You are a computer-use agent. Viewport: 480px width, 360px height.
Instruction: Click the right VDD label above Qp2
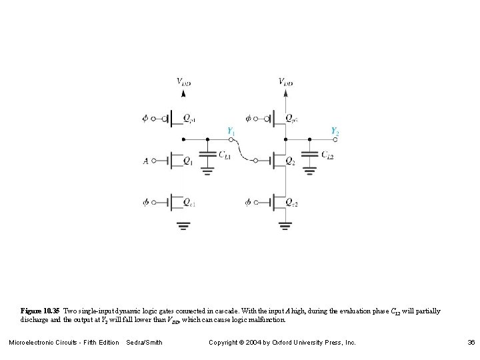285,82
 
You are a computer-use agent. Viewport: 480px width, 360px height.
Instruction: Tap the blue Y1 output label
231,131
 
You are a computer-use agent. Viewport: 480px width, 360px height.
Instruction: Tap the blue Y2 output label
335,131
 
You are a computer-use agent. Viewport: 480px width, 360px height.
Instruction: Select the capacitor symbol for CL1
207,155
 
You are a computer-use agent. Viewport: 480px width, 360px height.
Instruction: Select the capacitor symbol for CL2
309,155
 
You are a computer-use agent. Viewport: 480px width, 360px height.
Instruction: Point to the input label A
146,160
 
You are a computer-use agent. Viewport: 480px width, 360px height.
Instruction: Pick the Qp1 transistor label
189,119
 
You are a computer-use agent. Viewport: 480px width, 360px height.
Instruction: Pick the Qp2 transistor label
292,119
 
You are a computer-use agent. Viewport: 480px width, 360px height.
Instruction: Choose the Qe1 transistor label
189,202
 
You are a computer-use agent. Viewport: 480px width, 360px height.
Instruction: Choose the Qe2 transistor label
291,202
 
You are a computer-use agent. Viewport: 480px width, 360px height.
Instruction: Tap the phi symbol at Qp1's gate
146,119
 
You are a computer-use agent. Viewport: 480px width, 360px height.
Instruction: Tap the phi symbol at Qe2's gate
248,201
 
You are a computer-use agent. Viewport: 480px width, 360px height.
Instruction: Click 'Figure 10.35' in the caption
40,311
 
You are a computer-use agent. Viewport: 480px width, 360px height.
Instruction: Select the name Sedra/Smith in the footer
144,343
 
